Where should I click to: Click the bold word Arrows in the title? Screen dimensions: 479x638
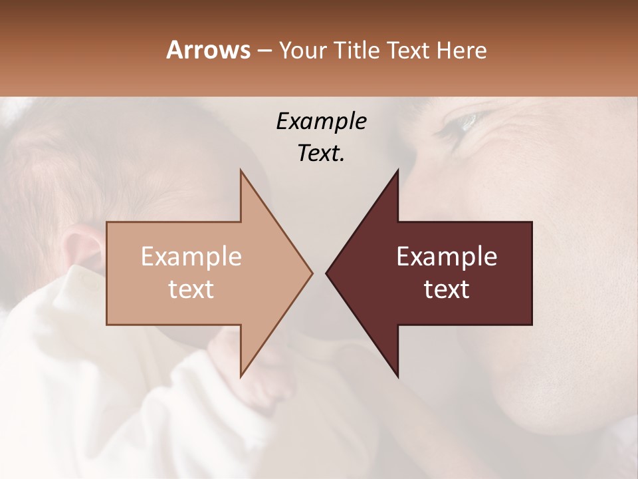point(207,50)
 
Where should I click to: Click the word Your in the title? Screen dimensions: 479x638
point(302,51)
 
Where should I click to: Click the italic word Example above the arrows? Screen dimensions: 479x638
point(321,121)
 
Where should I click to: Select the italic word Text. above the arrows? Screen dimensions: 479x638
point(321,153)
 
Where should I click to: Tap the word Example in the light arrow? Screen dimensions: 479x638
point(191,257)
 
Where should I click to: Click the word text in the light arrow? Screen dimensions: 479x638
point(191,289)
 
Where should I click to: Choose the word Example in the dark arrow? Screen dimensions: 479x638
point(447,257)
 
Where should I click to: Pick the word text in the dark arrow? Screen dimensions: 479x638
point(447,289)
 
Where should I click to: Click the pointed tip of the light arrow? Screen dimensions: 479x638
point(312,273)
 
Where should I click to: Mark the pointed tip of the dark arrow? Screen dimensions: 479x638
point(327,273)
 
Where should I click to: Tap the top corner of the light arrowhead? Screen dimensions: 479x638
point(241,170)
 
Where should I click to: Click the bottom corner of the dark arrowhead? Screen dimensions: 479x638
point(397,377)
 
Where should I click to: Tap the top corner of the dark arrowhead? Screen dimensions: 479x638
point(397,170)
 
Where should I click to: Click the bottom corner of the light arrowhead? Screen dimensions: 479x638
point(241,377)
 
